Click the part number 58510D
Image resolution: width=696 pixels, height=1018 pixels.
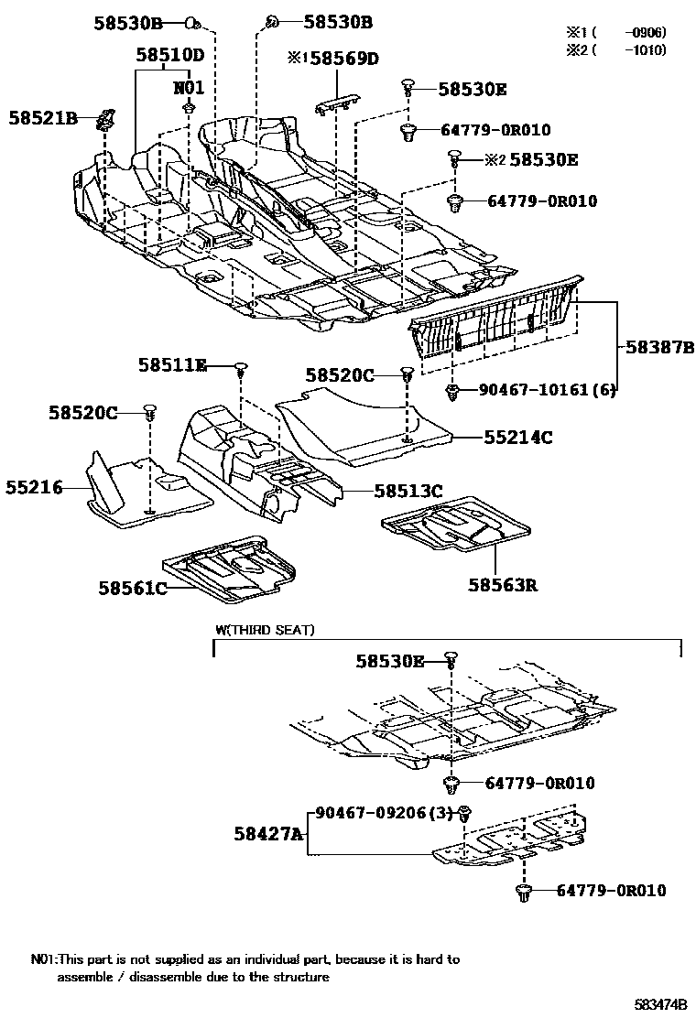click(169, 55)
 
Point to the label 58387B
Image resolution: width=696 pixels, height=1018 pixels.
click(660, 349)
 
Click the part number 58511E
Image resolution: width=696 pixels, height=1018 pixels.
click(172, 365)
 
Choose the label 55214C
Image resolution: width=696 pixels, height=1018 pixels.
click(518, 438)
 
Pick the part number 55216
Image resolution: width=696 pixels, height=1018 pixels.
click(32, 488)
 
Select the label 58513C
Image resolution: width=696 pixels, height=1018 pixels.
click(408, 491)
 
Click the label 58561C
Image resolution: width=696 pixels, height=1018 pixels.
click(133, 588)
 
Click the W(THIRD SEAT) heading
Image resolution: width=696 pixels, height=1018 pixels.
click(265, 630)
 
